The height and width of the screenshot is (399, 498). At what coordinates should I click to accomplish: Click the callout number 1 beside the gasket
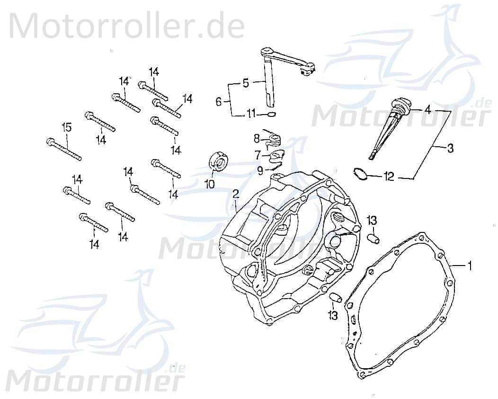[470, 266]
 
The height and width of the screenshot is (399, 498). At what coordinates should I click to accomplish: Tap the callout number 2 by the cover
[235, 194]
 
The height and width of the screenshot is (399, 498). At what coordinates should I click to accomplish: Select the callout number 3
[450, 149]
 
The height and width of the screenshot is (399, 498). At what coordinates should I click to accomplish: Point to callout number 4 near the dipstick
[427, 110]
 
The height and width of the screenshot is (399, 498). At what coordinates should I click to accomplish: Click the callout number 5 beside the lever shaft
[245, 84]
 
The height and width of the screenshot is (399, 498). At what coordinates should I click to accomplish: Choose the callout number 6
[219, 101]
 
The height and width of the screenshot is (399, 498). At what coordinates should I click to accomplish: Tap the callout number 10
[209, 183]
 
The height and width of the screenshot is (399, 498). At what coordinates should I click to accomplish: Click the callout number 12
[389, 177]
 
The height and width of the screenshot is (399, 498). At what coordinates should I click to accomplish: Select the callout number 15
[67, 127]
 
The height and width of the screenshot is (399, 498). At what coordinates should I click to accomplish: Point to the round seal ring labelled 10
[219, 161]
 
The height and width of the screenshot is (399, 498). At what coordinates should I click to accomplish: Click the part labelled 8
[274, 139]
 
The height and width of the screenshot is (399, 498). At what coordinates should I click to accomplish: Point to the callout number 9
[261, 169]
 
